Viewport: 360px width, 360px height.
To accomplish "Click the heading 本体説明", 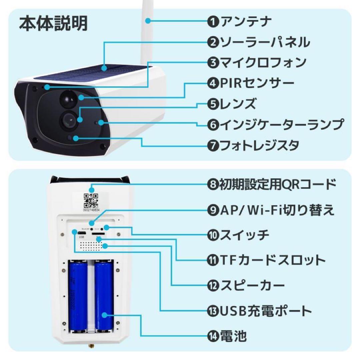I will click(53, 24).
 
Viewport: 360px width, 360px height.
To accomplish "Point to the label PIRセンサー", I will click(256, 83).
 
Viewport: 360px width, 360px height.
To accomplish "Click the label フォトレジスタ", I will click(259, 145).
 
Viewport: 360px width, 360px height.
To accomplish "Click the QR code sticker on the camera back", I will click(91, 201).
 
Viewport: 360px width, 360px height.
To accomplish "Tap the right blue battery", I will click(104, 297).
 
